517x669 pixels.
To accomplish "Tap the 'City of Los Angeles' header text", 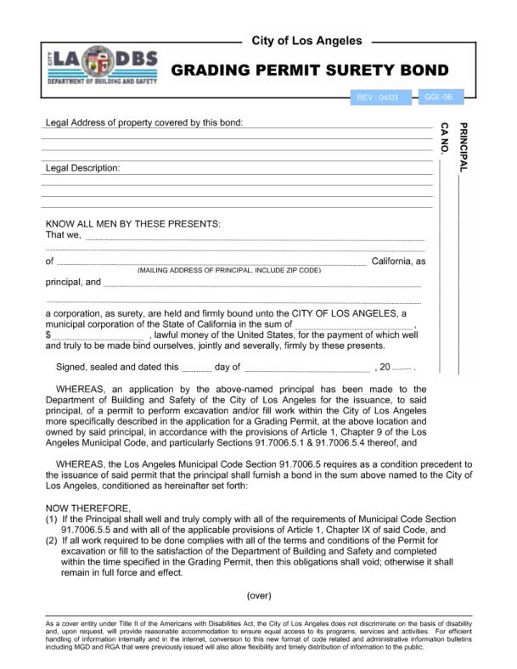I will [306, 41].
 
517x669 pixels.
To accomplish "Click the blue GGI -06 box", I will [439, 98].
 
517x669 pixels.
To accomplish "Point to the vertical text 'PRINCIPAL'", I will [463, 147].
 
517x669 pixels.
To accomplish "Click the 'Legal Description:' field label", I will [82, 168].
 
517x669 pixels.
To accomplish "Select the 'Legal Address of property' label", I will [143, 122].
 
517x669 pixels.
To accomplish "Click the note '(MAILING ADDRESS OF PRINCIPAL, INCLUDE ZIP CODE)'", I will [229, 270].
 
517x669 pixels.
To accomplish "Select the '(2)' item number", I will [51, 541].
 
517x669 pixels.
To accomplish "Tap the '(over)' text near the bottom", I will [258, 595].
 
